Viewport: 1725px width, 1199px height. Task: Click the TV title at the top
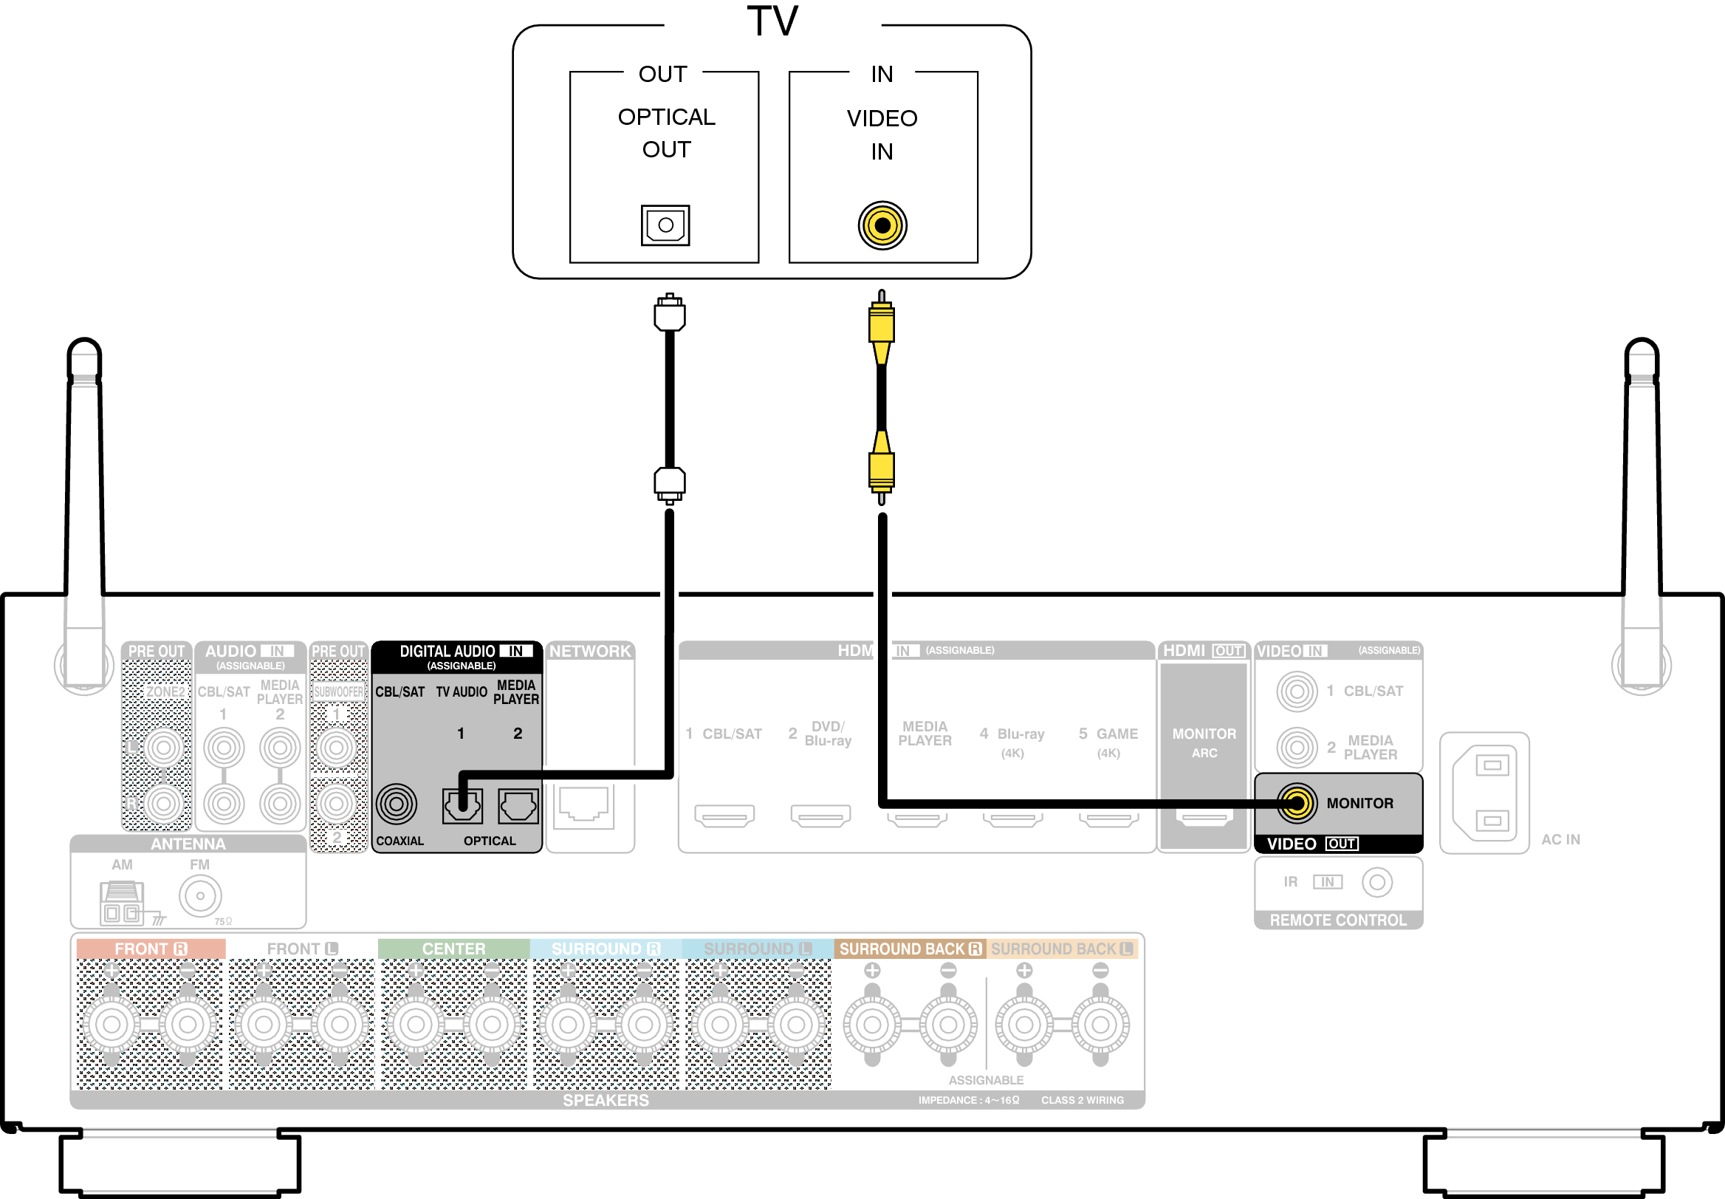[x=772, y=21]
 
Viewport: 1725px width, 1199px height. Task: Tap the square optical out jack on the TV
[x=665, y=225]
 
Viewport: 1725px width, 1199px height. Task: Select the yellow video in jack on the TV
[x=882, y=225]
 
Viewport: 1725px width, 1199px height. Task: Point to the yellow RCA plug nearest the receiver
[x=882, y=470]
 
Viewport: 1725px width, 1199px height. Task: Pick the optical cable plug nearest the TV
[x=669, y=313]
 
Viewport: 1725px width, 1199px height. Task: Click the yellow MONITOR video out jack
[x=1297, y=803]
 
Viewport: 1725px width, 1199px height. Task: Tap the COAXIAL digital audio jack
[x=397, y=804]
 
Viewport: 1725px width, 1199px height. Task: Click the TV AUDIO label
[x=461, y=692]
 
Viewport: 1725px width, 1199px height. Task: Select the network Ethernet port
[x=583, y=806]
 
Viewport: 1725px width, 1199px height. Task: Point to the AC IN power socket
[x=1485, y=793]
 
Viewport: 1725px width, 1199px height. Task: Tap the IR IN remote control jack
[x=1376, y=882]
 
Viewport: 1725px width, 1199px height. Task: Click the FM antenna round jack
[x=200, y=895]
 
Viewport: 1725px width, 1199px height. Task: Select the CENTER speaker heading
[x=453, y=949]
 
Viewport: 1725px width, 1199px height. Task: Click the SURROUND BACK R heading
[x=910, y=949]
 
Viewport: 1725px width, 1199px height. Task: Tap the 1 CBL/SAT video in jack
[x=1297, y=691]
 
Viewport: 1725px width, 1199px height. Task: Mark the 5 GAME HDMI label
[x=1108, y=734]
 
